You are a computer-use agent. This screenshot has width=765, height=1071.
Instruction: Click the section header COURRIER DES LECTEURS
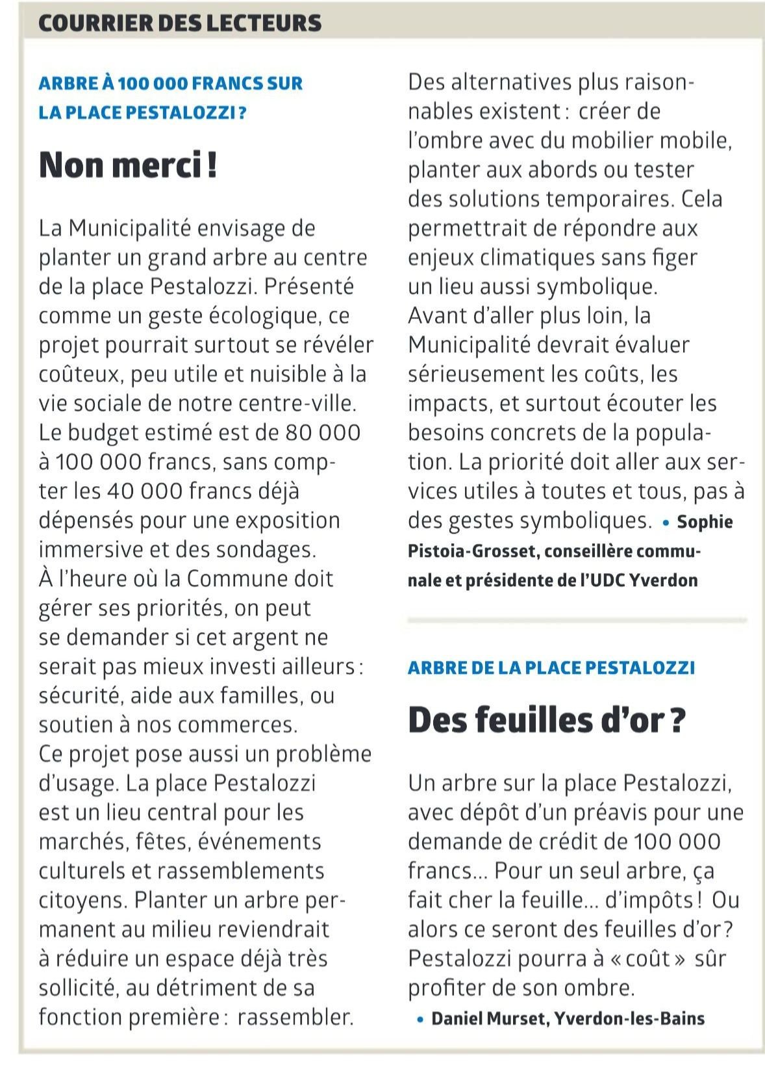180,23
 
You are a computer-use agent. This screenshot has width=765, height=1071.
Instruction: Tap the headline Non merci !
128,164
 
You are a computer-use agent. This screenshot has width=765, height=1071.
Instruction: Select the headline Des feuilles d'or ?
547,720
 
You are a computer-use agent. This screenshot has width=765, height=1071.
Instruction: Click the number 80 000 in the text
322,433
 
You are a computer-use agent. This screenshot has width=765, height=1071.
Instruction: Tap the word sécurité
81,695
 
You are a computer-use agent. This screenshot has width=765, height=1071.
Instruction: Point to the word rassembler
295,1017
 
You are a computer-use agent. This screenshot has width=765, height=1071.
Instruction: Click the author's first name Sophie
705,522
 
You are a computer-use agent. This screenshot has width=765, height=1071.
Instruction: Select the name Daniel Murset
489,1018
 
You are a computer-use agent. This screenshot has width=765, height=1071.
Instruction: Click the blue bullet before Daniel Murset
420,1020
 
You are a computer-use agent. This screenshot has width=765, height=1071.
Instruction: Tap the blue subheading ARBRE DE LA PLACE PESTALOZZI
551,667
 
